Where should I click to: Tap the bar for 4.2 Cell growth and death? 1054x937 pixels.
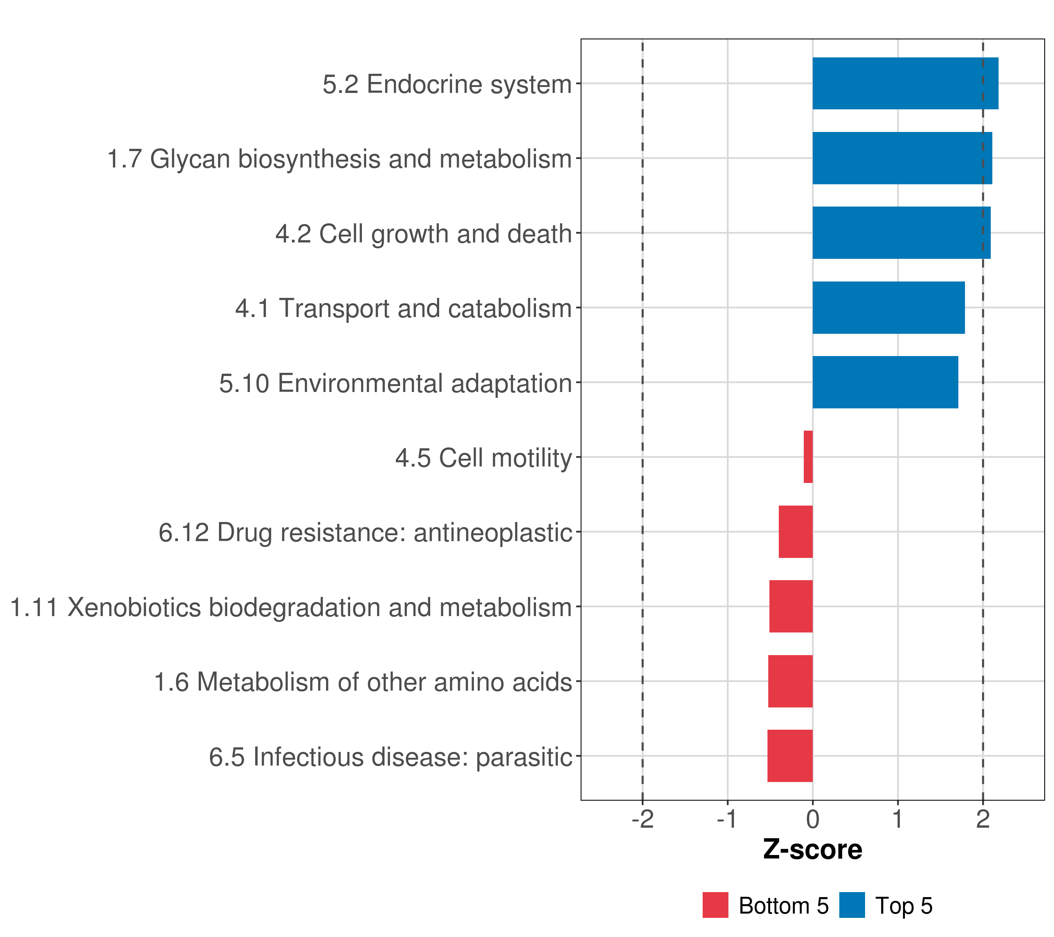click(x=901, y=233)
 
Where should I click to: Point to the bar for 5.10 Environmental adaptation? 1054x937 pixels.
click(x=885, y=382)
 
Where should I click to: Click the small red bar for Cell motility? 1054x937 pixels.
click(x=808, y=457)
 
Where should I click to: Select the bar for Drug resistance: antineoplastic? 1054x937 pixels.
click(x=795, y=532)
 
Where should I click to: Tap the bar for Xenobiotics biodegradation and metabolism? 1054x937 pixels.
click(x=790, y=606)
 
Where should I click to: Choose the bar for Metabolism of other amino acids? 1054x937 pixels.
click(x=790, y=681)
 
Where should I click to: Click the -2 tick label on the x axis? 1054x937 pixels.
click(x=643, y=819)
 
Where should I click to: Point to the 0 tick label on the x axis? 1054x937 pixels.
click(x=813, y=819)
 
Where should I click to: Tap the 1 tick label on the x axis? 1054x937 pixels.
click(x=898, y=819)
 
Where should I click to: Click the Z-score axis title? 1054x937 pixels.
click(x=813, y=850)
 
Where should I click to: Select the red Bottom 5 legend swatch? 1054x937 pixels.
click(x=715, y=905)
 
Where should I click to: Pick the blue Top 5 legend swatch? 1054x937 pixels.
click(x=852, y=905)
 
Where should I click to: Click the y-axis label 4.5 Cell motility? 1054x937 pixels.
click(x=484, y=458)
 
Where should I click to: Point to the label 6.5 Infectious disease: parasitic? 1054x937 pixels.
click(x=390, y=757)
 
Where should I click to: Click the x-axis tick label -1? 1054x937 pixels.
click(x=728, y=819)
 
